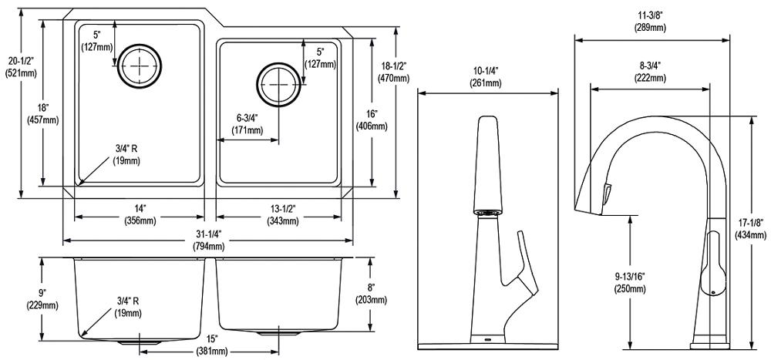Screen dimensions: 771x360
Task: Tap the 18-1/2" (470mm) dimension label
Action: pyautogui.click(x=393, y=72)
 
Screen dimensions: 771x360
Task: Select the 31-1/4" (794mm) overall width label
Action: pyautogui.click(x=208, y=241)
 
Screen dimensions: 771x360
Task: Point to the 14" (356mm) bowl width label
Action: pyautogui.click(x=140, y=216)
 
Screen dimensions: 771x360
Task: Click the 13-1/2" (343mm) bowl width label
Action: pyautogui.click(x=282, y=216)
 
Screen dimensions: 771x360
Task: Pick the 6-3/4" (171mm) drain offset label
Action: pyautogui.click(x=247, y=124)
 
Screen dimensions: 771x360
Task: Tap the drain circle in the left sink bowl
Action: pyautogui.click(x=139, y=66)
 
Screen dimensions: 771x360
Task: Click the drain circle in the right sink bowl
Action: pyautogui.click(x=279, y=85)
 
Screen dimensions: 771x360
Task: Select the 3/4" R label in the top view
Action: pyautogui.click(x=126, y=154)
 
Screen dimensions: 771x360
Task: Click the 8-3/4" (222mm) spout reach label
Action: pyautogui.click(x=649, y=72)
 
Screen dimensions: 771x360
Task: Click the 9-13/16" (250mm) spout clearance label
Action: pyautogui.click(x=630, y=283)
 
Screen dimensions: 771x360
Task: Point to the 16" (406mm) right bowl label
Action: pyautogui.click(x=372, y=119)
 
